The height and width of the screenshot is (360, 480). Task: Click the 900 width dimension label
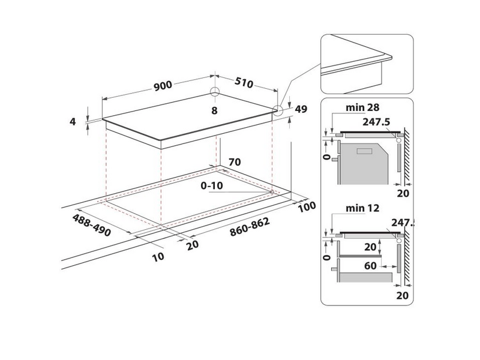163,85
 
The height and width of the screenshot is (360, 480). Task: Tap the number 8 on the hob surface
214,111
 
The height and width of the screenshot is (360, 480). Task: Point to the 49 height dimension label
301,109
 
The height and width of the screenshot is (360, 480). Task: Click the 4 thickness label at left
73,121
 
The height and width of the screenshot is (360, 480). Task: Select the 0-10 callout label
211,186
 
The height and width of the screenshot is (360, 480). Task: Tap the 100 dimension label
306,207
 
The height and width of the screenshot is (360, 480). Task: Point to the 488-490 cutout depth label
92,224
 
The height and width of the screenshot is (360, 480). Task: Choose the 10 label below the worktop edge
158,257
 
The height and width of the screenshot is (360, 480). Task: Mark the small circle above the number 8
215,92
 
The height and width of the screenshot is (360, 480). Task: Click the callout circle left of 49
278,110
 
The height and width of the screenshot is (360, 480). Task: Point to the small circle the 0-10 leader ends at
272,193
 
